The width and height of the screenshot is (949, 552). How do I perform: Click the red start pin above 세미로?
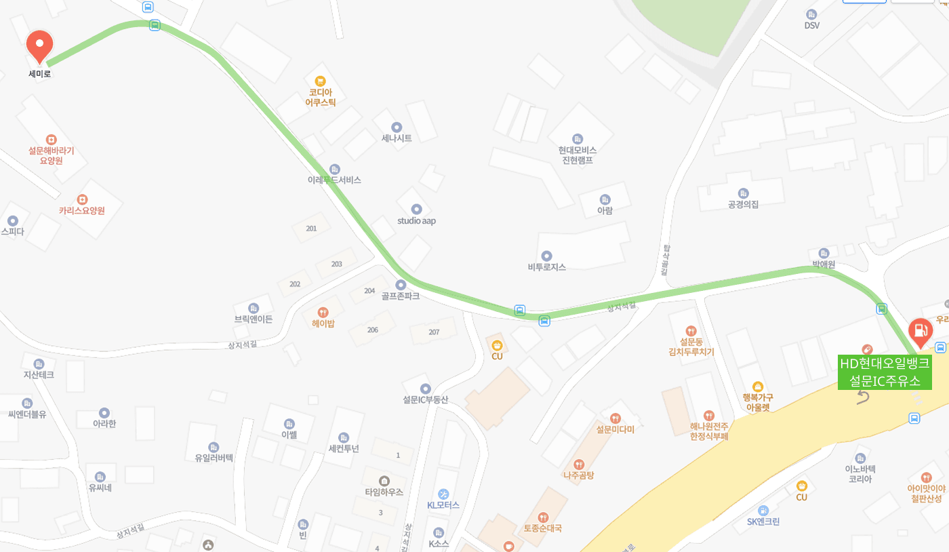39,45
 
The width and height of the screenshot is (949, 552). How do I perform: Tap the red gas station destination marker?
920,331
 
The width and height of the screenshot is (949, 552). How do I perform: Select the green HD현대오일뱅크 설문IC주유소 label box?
885,372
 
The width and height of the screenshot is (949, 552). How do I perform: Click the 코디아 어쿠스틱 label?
321,97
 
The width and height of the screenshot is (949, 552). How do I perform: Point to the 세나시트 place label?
397,138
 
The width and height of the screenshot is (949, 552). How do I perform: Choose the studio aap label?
416,220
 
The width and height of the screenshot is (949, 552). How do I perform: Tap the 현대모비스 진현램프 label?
578,155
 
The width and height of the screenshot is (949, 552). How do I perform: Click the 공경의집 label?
743,204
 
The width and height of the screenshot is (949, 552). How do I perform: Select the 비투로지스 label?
546,267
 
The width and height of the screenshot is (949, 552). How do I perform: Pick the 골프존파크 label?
400,296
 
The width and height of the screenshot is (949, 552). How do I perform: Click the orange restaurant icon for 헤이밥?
323,312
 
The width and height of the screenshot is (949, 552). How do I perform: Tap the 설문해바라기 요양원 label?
51,155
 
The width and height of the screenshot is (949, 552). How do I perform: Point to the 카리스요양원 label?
81,210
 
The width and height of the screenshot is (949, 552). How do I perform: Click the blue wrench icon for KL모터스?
443,494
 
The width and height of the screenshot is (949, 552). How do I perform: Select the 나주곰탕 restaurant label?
578,475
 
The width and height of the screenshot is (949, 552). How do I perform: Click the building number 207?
434,332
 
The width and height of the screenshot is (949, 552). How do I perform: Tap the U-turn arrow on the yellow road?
862,397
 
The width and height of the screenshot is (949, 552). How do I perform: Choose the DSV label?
811,25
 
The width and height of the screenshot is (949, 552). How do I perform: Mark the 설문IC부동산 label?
425,399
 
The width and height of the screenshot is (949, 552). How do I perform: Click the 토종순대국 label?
542,528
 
